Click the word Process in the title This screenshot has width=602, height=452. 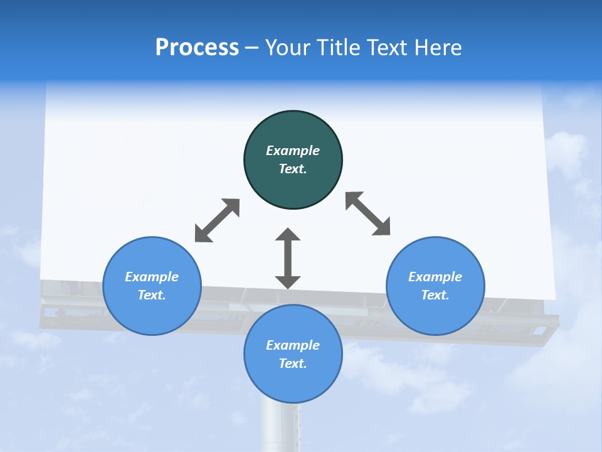click(x=197, y=48)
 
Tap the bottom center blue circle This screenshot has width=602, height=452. click(x=293, y=383)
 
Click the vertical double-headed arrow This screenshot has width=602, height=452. click(x=288, y=258)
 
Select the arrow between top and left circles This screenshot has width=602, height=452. click(x=217, y=220)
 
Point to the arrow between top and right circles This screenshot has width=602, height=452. click(x=368, y=213)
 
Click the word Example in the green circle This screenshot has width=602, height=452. click(x=293, y=151)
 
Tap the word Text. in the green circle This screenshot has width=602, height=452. click(x=293, y=169)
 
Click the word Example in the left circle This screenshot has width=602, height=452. click(x=152, y=277)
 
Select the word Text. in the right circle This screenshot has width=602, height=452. click(x=435, y=295)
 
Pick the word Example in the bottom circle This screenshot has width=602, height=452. click(x=293, y=345)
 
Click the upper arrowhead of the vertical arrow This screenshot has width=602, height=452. click(x=288, y=235)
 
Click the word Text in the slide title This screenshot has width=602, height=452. click(x=386, y=48)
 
